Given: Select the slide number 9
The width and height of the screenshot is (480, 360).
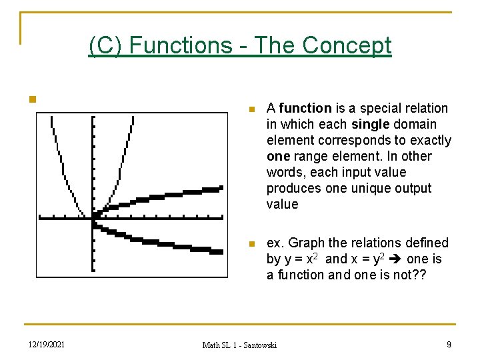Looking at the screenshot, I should (449, 345).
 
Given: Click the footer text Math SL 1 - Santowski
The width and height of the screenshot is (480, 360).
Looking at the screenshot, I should (239, 345).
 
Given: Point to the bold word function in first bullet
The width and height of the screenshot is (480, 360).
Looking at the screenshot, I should (305, 108).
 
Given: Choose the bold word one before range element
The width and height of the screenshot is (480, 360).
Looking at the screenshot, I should (278, 156).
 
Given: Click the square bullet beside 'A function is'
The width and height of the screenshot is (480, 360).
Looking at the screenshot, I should (251, 109).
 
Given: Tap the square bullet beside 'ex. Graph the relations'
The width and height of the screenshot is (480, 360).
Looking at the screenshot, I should (251, 244).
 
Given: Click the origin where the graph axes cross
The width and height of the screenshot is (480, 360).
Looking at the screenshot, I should (93, 217).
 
